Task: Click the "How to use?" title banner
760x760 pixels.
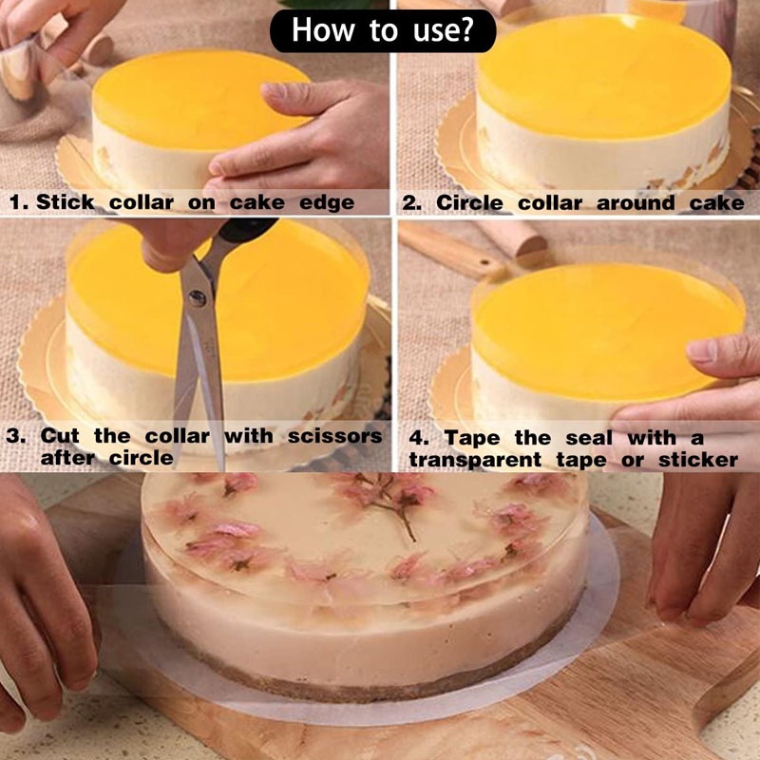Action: (x=383, y=30)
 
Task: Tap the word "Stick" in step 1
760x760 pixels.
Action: (x=66, y=202)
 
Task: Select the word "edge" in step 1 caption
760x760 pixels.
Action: (x=327, y=203)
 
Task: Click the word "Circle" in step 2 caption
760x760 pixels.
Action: (x=469, y=202)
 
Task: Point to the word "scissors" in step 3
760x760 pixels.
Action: (x=335, y=436)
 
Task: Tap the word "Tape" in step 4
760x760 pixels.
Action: (x=471, y=439)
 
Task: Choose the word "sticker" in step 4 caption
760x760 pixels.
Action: (x=698, y=460)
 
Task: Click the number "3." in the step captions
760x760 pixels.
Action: (x=16, y=435)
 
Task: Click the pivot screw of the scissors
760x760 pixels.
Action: (x=197, y=297)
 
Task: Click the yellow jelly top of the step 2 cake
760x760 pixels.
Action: (x=604, y=78)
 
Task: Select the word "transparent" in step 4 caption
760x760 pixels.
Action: (x=475, y=461)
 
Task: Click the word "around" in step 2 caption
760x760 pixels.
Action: (x=636, y=202)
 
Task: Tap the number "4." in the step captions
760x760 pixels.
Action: (x=419, y=438)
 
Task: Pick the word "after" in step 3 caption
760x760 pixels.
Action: (x=67, y=458)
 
